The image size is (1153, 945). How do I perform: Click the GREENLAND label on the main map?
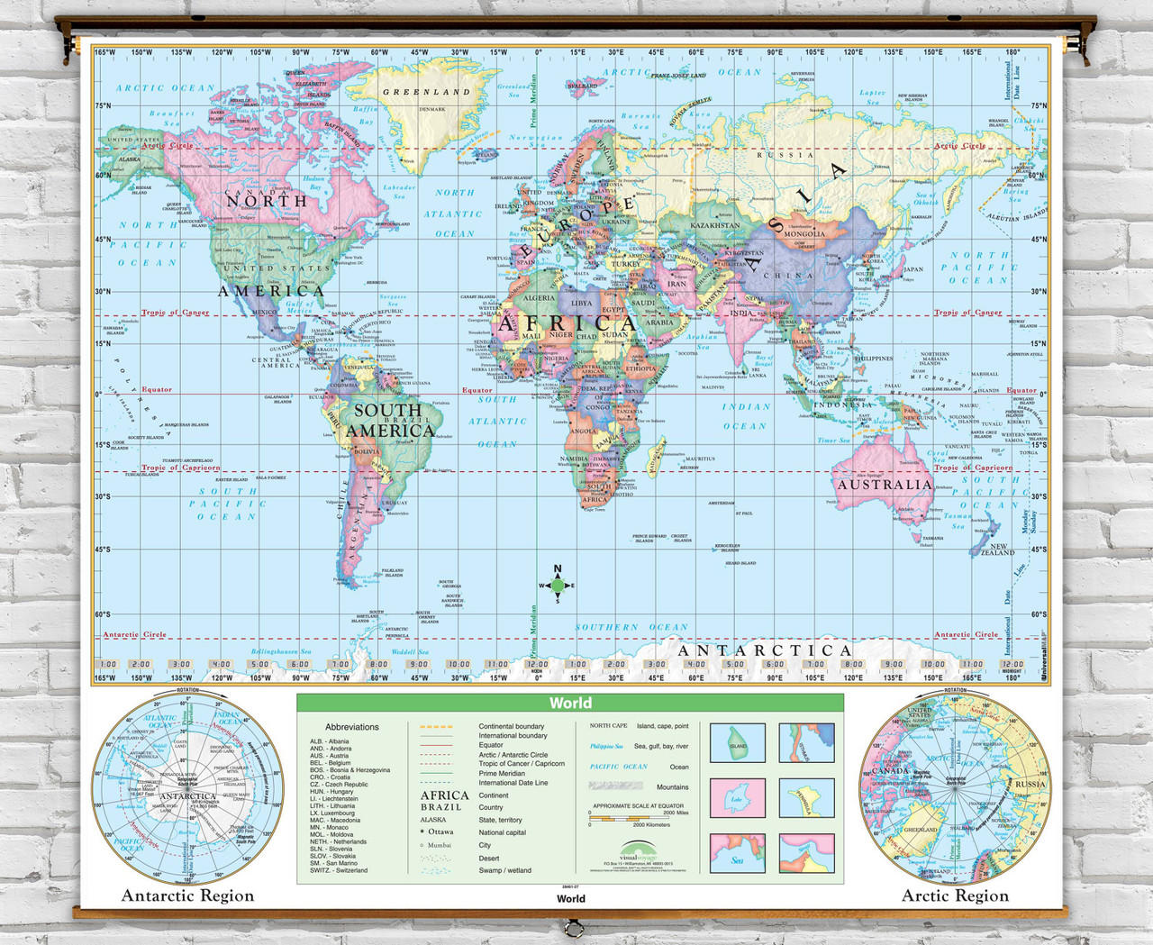[426, 92]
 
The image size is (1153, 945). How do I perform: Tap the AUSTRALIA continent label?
[885, 485]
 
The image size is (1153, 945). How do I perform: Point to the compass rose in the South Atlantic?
[558, 586]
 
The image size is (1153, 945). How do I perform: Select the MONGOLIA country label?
[804, 234]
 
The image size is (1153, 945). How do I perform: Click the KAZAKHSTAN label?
[714, 225]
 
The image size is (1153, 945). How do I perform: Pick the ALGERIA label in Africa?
[540, 298]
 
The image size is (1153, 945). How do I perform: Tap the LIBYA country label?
[582, 304]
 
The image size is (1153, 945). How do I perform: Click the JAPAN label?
[912, 269]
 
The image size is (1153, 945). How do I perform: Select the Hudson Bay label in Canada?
[313, 183]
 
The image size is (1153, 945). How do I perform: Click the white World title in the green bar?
[570, 704]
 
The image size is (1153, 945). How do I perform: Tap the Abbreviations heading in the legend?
[352, 727]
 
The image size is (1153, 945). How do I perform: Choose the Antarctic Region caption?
[187, 895]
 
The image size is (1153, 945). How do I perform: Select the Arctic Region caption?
[955, 895]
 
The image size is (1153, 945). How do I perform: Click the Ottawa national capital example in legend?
[437, 832]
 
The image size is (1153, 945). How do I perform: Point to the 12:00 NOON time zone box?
[538, 665]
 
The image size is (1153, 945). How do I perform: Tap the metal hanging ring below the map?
[570, 927]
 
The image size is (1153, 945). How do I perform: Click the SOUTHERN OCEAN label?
[631, 627]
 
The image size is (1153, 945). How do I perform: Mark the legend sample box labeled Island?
[737, 743]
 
